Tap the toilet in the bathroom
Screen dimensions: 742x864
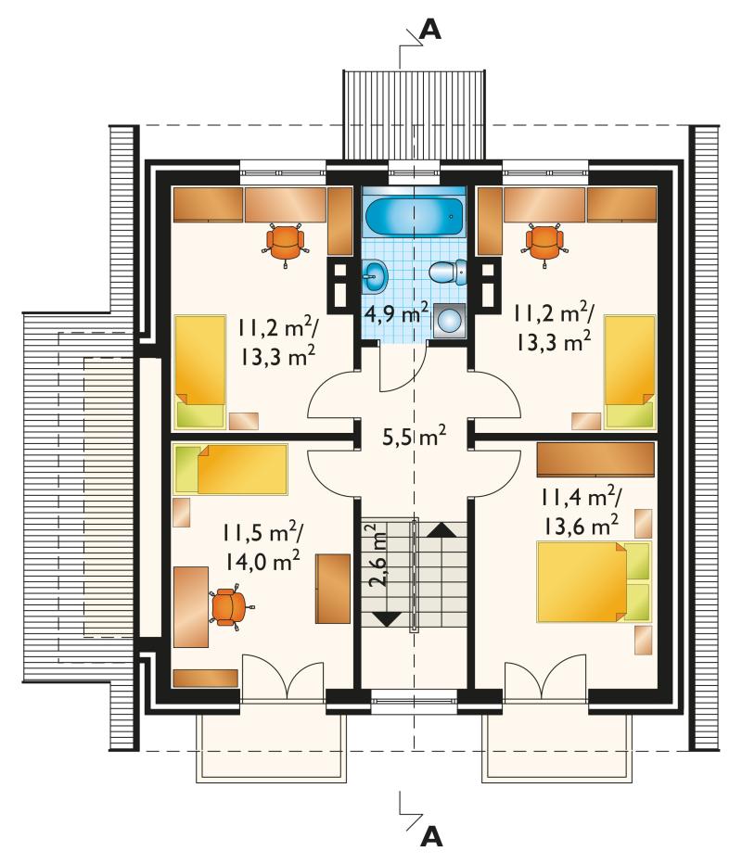(447, 273)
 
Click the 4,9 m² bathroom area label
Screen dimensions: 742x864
(397, 314)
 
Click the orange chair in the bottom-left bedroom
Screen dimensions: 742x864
(230, 606)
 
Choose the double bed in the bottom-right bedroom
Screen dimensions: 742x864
(595, 581)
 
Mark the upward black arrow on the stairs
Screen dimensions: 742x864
(441, 529)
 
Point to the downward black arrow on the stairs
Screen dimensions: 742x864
(388, 618)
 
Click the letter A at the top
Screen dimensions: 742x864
(430, 31)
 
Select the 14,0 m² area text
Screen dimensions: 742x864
(262, 562)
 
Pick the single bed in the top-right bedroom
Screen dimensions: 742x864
(630, 372)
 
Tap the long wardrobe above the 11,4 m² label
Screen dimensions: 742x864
(595, 459)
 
